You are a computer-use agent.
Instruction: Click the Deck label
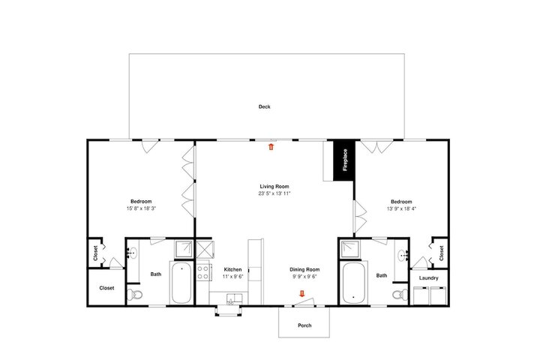click(264, 106)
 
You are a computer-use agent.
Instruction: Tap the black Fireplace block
click(344, 160)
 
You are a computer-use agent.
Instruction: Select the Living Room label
click(274, 186)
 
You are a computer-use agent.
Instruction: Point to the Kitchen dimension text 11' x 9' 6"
click(232, 276)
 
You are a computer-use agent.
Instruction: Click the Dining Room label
click(304, 269)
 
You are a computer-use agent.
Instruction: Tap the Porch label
click(304, 325)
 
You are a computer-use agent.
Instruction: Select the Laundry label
click(429, 278)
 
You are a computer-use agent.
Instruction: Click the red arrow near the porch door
click(302, 293)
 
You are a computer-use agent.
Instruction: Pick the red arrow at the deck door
click(271, 147)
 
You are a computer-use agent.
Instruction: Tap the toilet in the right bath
click(400, 295)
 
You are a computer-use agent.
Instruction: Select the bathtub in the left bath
click(181, 283)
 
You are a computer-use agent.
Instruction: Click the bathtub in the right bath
click(354, 283)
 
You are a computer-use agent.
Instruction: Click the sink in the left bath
click(132, 253)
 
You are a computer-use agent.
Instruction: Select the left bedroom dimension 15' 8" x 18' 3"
click(141, 208)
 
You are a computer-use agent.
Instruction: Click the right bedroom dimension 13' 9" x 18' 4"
click(401, 208)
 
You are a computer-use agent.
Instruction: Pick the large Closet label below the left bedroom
click(106, 288)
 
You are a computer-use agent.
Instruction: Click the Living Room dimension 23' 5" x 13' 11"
click(274, 193)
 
